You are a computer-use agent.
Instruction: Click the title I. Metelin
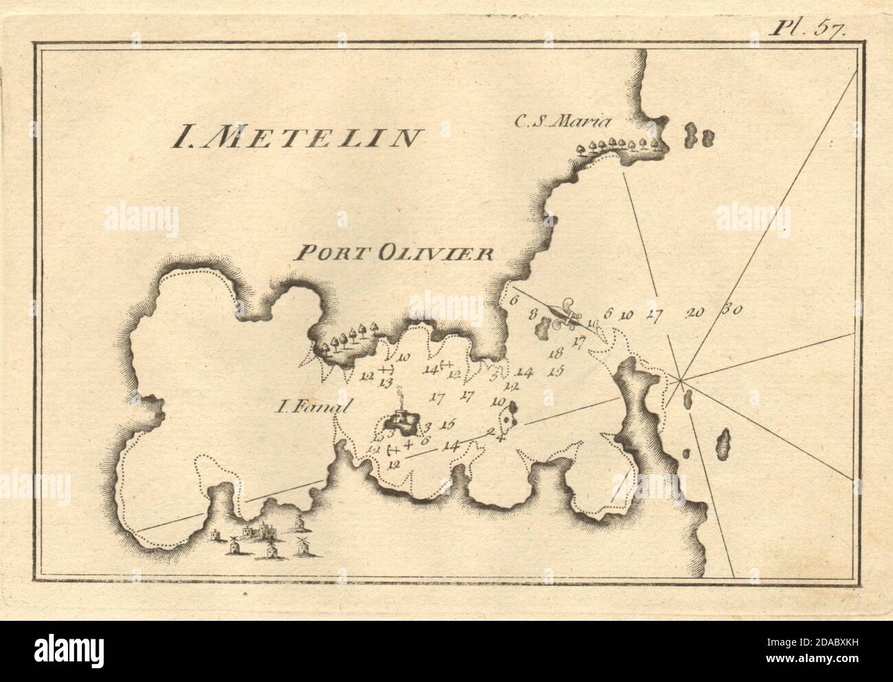pyautogui.click(x=295, y=137)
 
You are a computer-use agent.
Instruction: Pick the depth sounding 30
pyautogui.click(x=730, y=310)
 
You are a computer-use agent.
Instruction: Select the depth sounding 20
pyautogui.click(x=695, y=313)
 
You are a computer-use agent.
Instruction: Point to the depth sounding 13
pyautogui.click(x=385, y=382)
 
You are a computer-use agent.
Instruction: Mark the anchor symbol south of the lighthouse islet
pyautogui.click(x=394, y=450)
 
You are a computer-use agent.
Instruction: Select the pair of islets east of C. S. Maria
pyautogui.click(x=699, y=135)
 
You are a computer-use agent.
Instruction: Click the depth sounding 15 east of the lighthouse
pyautogui.click(x=449, y=423)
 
